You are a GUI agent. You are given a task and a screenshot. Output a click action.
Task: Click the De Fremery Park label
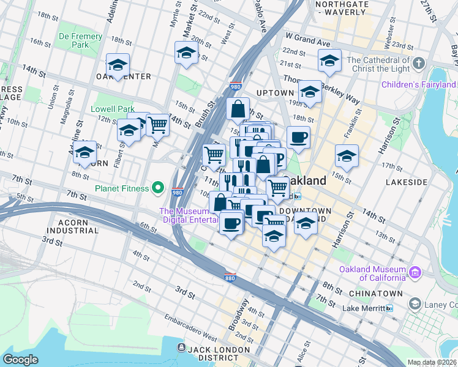click(x=80, y=41)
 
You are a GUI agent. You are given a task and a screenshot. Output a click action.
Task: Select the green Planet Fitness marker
click(x=159, y=188)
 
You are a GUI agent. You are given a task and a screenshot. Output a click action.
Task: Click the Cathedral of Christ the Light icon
click(x=419, y=64)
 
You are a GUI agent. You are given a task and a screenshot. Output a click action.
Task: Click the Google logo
click(x=21, y=360)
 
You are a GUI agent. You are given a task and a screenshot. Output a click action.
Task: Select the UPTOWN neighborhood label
click(x=275, y=93)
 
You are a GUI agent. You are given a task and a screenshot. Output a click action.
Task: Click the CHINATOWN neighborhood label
click(x=375, y=294)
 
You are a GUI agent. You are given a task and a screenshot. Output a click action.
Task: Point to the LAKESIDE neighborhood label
click(x=407, y=182)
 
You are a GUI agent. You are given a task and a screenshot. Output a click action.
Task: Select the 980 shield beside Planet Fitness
click(x=178, y=191)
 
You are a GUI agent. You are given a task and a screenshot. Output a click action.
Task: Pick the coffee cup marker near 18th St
click(x=298, y=138)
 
